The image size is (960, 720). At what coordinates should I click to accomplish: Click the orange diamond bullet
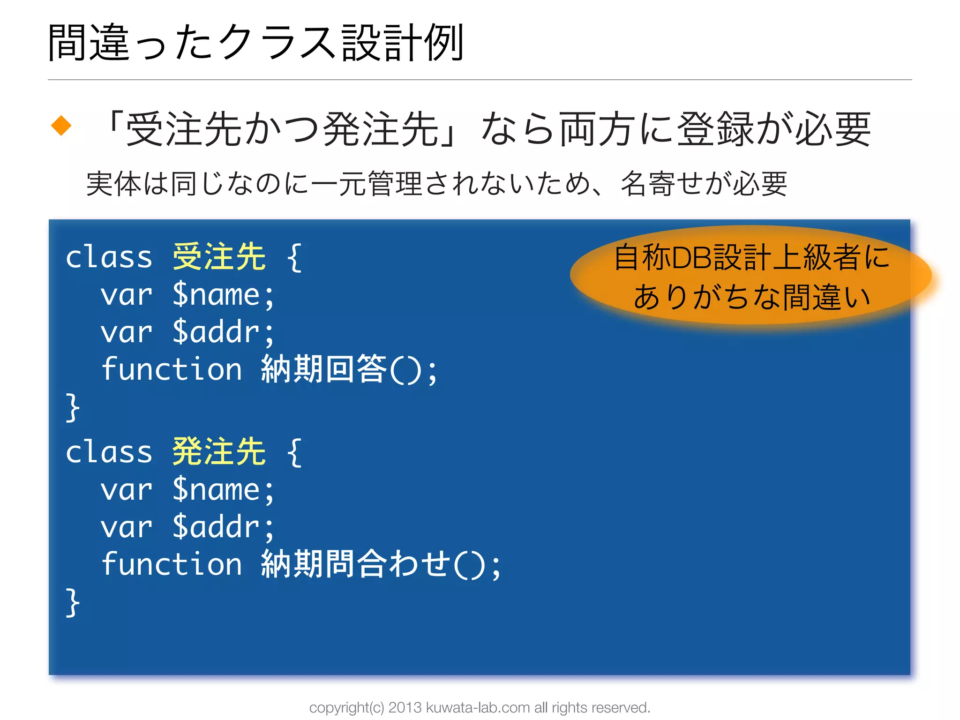[61, 126]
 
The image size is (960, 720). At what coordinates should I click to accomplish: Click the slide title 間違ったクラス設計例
[256, 43]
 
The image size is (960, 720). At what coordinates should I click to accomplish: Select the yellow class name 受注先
[219, 257]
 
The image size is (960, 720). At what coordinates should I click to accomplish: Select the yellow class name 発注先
[219, 452]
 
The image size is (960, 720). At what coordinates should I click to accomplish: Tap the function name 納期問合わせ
[356, 564]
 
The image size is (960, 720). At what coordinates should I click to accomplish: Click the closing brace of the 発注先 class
[73, 603]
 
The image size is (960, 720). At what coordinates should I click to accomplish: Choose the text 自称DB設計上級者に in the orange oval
[751, 257]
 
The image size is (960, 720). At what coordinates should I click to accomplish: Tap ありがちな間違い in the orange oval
[751, 297]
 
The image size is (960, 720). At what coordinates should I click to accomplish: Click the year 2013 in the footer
[405, 707]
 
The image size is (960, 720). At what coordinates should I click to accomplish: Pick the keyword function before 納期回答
[172, 369]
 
